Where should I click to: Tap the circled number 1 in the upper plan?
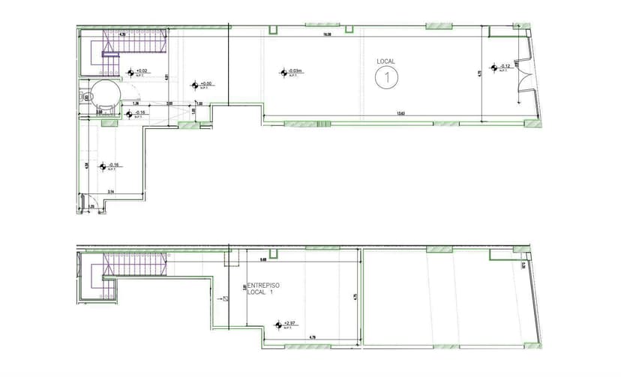pos(387,76)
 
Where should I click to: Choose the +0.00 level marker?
pos(202,85)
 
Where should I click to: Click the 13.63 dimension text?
pos(400,114)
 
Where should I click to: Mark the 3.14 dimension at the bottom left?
pos(111,193)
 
